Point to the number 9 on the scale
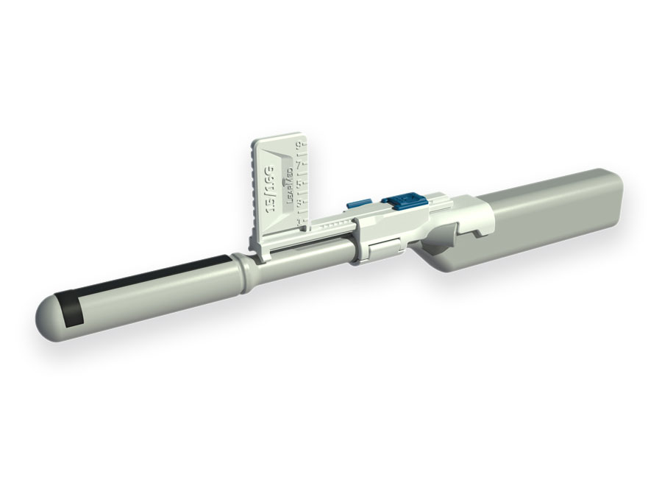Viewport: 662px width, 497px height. [299, 145]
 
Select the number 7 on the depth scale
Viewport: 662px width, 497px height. [298, 166]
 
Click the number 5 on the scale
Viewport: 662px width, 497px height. [299, 184]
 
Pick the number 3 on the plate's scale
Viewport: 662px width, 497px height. [299, 202]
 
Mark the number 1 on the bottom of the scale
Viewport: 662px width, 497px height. [298, 222]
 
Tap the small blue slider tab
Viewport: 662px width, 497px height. [359, 204]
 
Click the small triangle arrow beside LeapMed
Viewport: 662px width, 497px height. [283, 181]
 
